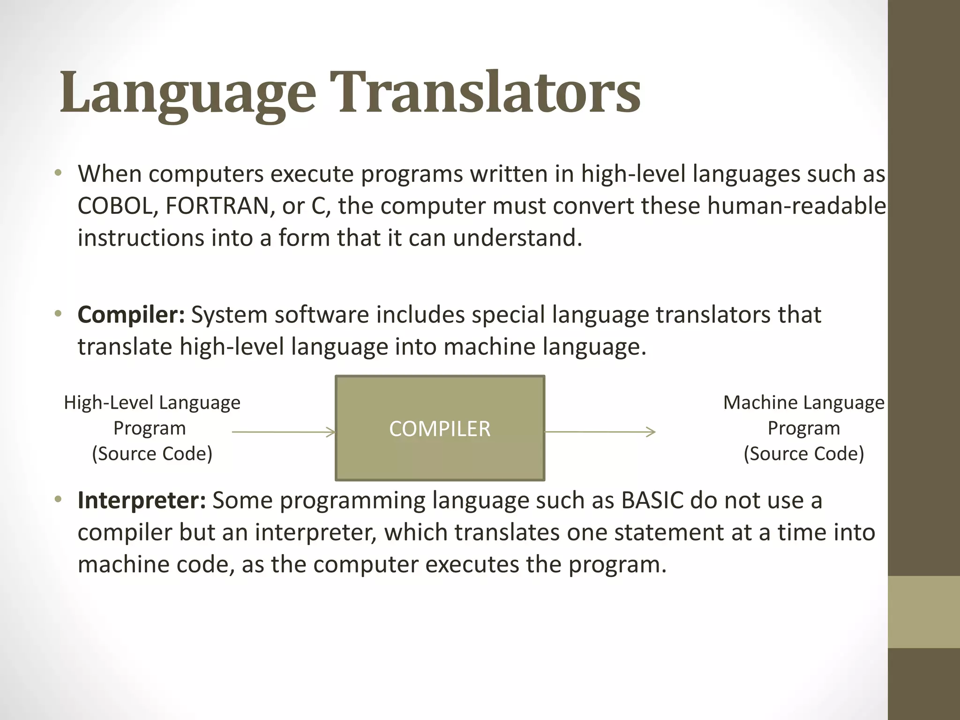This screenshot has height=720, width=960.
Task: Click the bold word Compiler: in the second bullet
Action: [x=131, y=315]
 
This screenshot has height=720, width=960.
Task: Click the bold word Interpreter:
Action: [x=142, y=501]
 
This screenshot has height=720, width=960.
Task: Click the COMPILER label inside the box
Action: [x=440, y=429]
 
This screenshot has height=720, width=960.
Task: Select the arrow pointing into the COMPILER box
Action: [x=284, y=432]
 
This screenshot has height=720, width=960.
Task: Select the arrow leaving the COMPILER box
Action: [x=600, y=432]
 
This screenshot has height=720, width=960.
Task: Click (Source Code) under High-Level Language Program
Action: [x=152, y=454]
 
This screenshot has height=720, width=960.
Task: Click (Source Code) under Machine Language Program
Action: [x=803, y=454]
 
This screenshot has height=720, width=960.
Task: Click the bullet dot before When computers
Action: [x=58, y=173]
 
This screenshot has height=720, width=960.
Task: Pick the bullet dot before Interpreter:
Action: [x=58, y=500]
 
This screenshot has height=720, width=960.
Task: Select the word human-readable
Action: [x=796, y=206]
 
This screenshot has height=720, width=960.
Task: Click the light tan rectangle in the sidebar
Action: [x=923, y=612]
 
